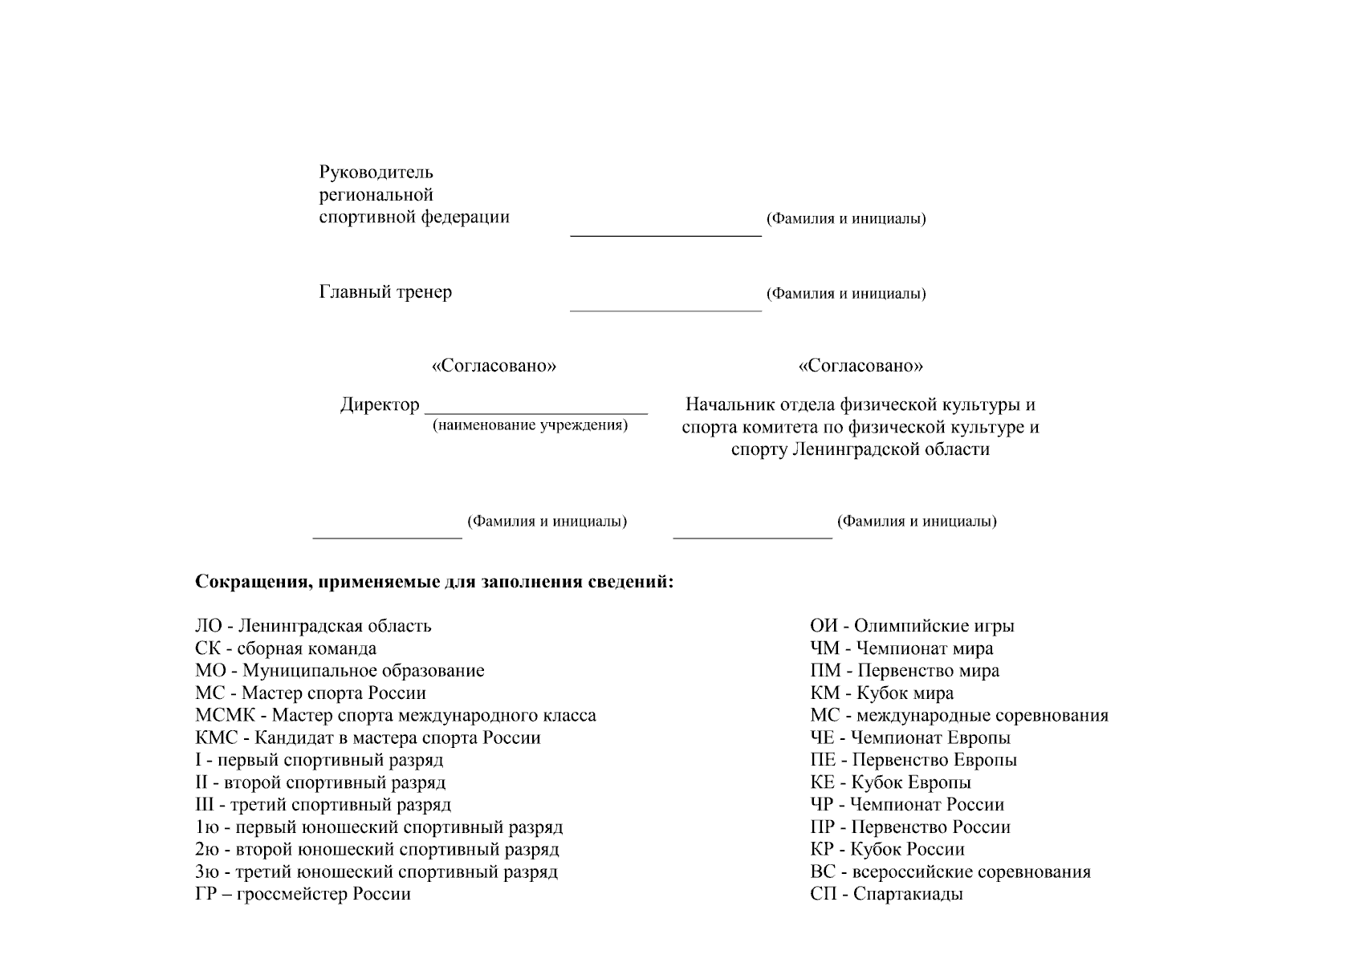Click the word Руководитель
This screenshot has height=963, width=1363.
click(x=376, y=173)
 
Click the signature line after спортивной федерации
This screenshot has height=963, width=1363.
click(x=665, y=235)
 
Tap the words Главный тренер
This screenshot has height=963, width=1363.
click(x=385, y=292)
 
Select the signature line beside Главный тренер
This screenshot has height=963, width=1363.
click(x=665, y=309)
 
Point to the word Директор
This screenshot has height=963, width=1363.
click(x=380, y=405)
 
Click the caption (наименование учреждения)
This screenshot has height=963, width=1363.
click(x=530, y=425)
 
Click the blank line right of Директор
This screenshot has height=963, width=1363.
click(x=536, y=412)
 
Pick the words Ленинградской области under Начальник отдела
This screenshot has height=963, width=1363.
click(x=890, y=449)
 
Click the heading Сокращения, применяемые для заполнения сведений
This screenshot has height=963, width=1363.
click(x=434, y=582)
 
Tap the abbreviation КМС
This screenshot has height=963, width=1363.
click(x=217, y=738)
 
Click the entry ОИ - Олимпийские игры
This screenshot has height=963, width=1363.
click(x=912, y=626)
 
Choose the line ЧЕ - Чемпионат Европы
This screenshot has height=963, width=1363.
click(x=910, y=738)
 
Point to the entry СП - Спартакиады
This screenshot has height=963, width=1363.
click(x=886, y=894)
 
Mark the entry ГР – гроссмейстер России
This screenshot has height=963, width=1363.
click(x=303, y=894)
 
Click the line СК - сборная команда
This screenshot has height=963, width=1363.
click(x=286, y=648)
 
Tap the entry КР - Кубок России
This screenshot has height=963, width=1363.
click(x=887, y=849)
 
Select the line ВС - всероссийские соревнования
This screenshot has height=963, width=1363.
click(x=950, y=872)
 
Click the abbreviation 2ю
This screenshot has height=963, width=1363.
click(x=207, y=849)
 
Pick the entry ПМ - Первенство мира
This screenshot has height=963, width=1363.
click(x=905, y=671)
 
